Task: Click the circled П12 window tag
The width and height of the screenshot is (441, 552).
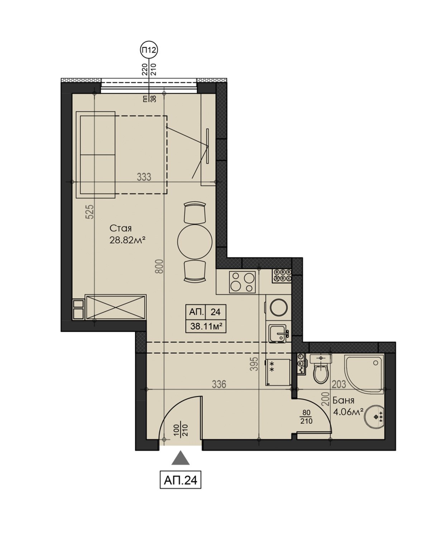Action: click(149, 50)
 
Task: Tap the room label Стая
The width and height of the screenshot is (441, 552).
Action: click(120, 228)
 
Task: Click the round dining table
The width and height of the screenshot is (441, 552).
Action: click(195, 242)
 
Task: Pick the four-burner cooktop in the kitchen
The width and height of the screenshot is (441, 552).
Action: click(242, 282)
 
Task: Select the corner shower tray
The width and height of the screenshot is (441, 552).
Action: click(364, 373)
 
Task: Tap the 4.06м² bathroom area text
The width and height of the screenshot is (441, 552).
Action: click(348, 412)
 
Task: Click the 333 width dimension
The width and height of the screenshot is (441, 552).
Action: click(144, 177)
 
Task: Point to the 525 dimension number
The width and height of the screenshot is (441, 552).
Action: click(90, 211)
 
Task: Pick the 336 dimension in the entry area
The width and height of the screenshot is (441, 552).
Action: click(219, 384)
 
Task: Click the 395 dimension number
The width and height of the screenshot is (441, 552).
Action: click(254, 364)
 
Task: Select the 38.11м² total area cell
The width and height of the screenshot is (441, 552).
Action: click(206, 326)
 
